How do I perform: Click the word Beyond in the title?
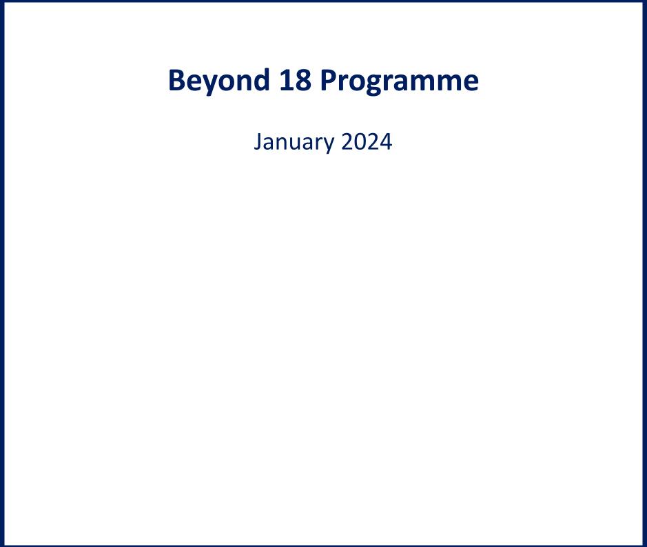(219, 81)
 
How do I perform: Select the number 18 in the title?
(295, 80)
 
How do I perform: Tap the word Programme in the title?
(400, 81)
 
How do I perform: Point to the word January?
(294, 143)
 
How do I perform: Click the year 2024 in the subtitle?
(367, 141)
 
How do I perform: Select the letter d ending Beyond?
(260, 79)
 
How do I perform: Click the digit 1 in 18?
(287, 80)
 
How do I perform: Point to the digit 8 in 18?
(303, 80)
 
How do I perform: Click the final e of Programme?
(471, 83)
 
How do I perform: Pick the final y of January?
(329, 146)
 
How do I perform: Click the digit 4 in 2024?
(387, 141)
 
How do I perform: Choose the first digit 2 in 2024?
(347, 141)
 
